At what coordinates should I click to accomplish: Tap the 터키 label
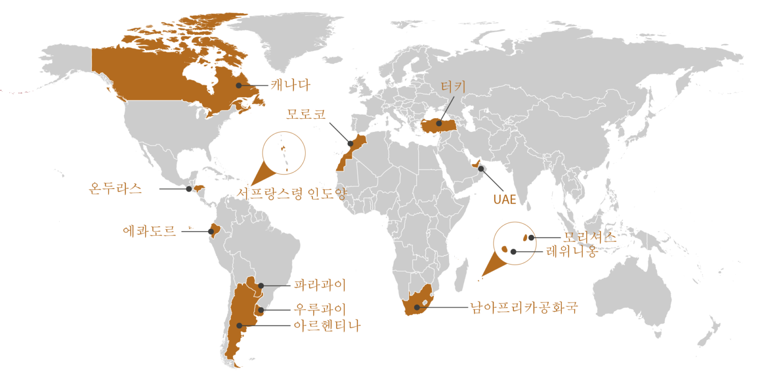(453, 87)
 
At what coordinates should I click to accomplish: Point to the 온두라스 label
(115, 189)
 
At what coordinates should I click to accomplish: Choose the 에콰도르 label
(149, 231)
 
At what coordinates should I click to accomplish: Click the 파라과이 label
(320, 285)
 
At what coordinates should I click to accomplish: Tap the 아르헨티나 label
(326, 326)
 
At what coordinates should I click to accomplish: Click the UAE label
(505, 200)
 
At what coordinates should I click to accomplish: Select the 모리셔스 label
(589, 237)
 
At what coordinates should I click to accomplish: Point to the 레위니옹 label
(570, 251)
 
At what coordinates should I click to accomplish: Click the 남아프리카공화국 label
(524, 308)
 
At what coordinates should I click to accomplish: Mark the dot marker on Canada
(238, 86)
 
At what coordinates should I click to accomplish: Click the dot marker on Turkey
(439, 123)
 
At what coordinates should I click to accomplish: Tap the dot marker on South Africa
(417, 307)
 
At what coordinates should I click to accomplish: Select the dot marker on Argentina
(239, 325)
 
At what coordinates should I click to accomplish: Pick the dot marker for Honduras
(188, 189)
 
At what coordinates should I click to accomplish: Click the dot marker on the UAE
(481, 168)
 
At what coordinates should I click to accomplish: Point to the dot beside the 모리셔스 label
(531, 237)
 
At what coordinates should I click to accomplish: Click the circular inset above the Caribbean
(284, 153)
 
